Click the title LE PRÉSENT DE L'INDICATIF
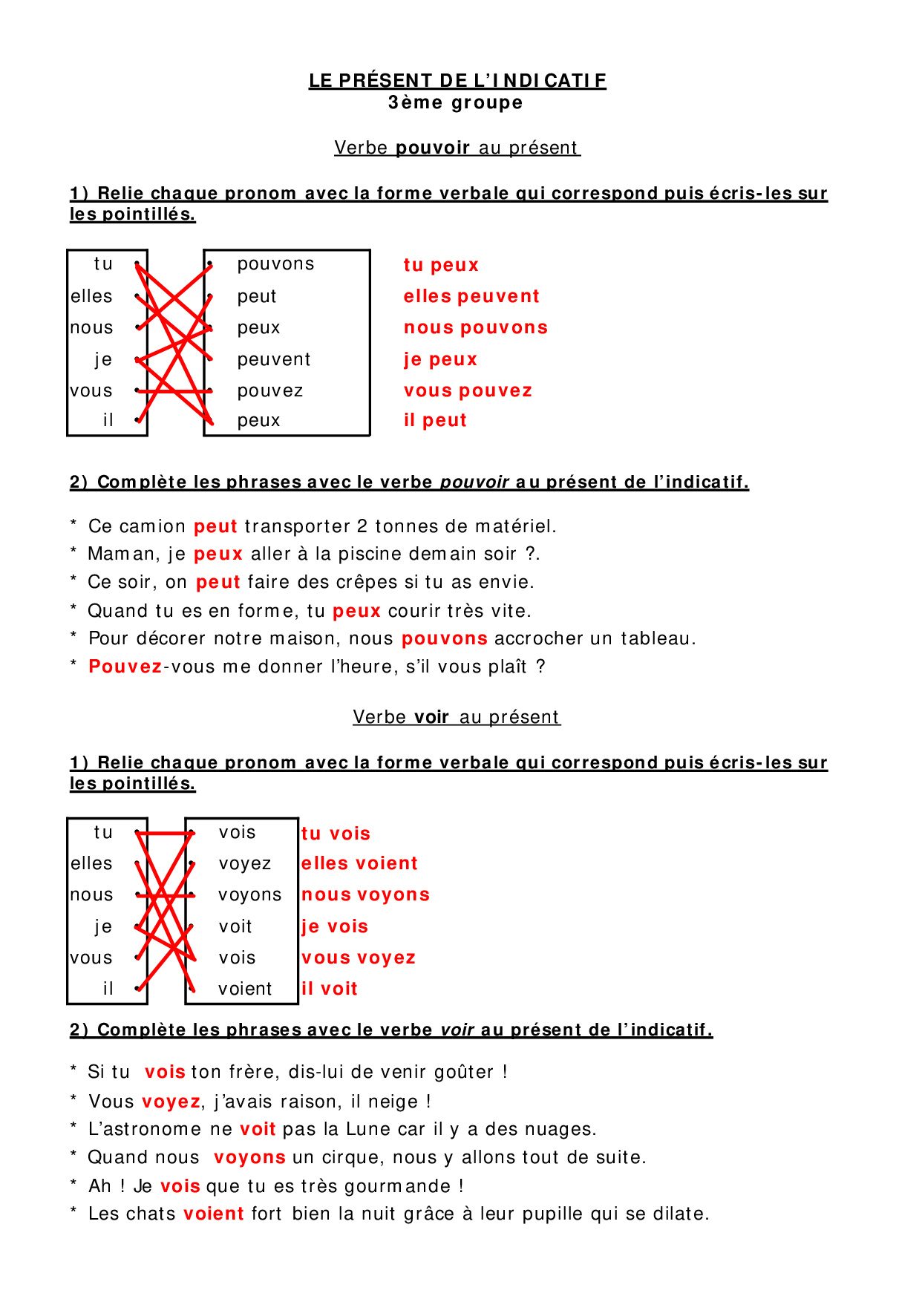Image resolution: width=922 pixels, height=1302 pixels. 457,80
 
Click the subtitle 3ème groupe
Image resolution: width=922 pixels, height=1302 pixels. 455,102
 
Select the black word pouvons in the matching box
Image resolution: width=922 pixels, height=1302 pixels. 275,264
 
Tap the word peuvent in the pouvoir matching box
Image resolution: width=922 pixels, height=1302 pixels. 274,360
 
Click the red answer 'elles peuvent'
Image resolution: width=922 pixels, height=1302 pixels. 471,296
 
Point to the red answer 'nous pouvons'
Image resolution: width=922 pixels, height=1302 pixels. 476,327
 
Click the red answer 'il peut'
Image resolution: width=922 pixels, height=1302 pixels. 435,420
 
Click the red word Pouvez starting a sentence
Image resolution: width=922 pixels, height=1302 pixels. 125,667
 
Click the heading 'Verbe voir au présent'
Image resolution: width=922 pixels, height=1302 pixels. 457,717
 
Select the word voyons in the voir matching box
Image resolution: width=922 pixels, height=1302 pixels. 249,895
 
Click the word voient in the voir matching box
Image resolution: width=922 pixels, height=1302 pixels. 245,989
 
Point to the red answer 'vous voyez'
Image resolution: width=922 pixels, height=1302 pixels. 359,958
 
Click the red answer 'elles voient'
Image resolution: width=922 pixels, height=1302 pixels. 359,863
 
